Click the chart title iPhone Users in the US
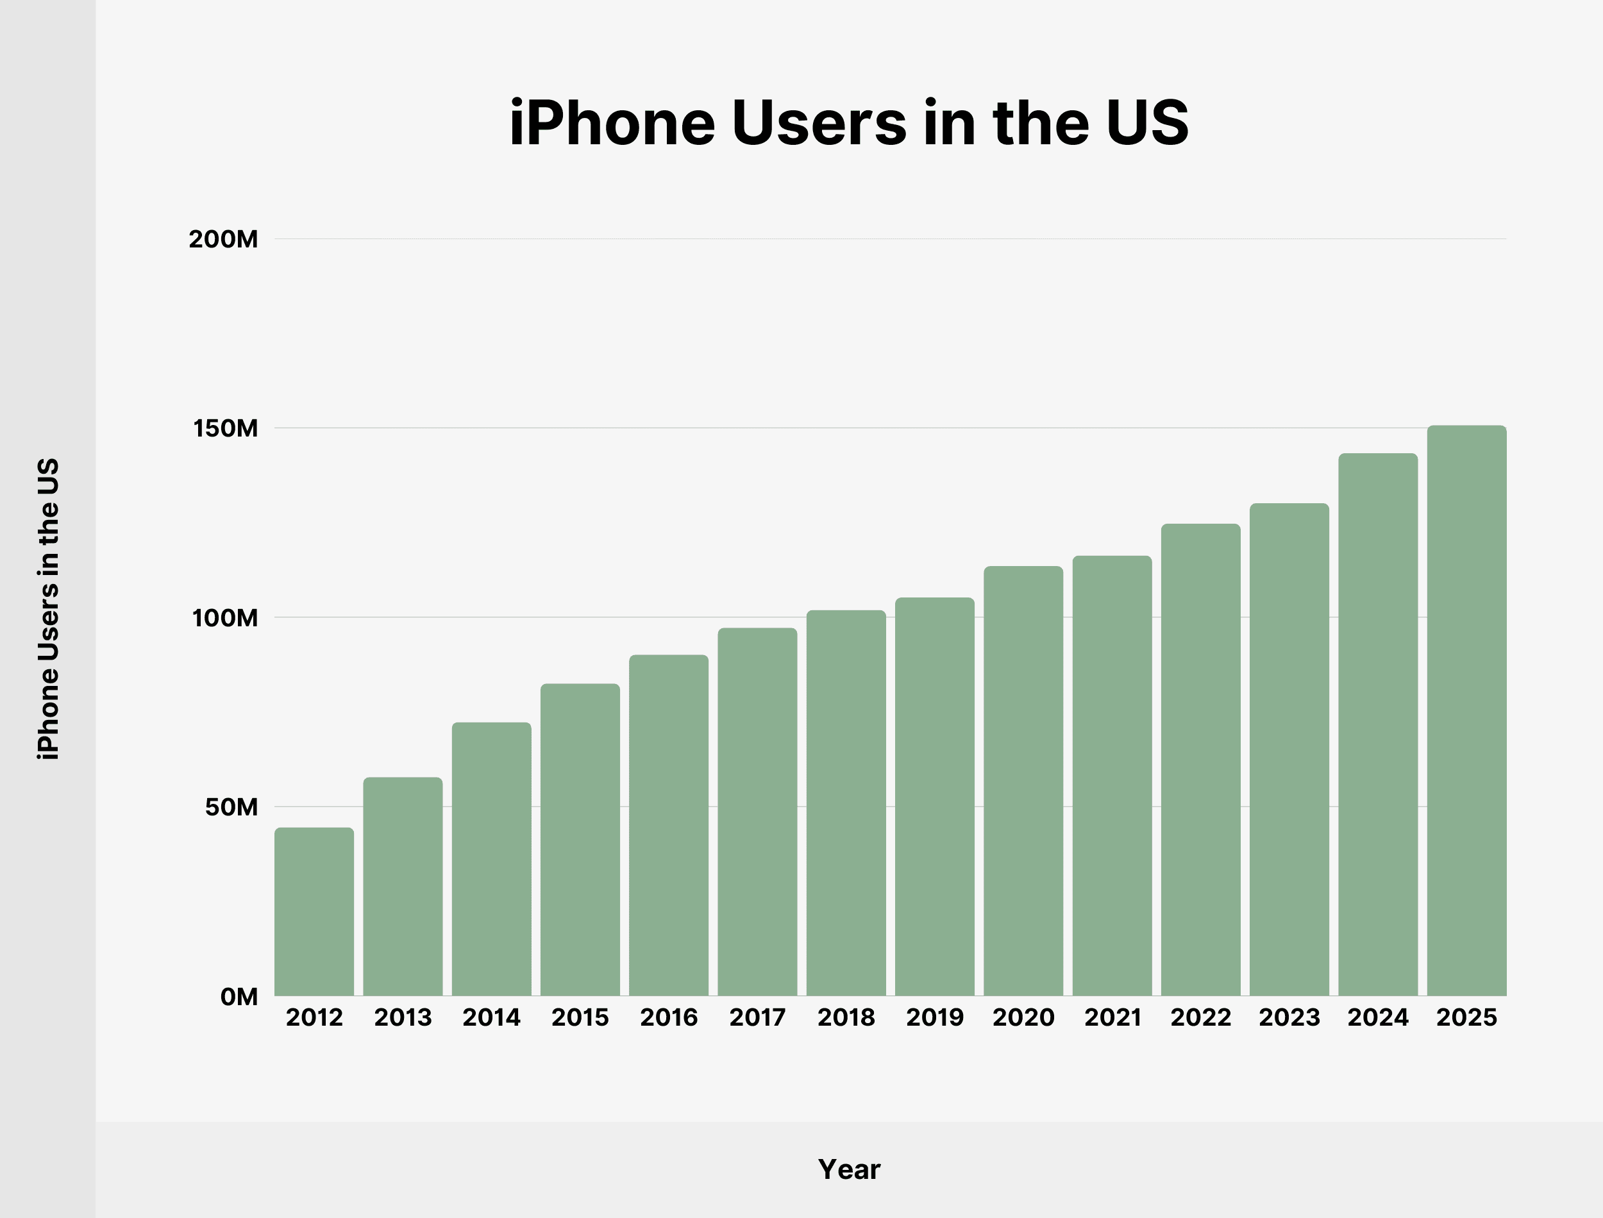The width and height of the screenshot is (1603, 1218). tap(848, 122)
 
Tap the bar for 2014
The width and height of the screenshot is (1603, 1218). tap(492, 859)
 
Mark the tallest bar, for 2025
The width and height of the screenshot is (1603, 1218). tap(1466, 710)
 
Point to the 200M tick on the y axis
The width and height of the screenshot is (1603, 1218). tap(223, 239)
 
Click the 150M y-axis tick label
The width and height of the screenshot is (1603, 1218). tap(226, 428)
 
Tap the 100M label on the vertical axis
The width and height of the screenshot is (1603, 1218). tap(225, 618)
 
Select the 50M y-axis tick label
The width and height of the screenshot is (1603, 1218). tap(231, 807)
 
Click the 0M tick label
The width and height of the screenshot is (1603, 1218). tap(239, 997)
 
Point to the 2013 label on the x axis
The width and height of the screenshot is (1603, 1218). tap(403, 1017)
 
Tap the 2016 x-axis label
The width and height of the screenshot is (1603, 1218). tap(669, 1017)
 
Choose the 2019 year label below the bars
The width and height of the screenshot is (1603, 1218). tap(934, 1017)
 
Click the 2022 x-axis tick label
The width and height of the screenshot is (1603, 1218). tap(1200, 1017)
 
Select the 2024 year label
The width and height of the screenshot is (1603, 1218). tap(1377, 1017)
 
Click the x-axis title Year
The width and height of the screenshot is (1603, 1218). tap(849, 1169)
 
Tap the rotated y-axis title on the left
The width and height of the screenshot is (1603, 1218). tap(49, 609)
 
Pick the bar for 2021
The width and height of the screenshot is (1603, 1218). tap(1112, 776)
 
